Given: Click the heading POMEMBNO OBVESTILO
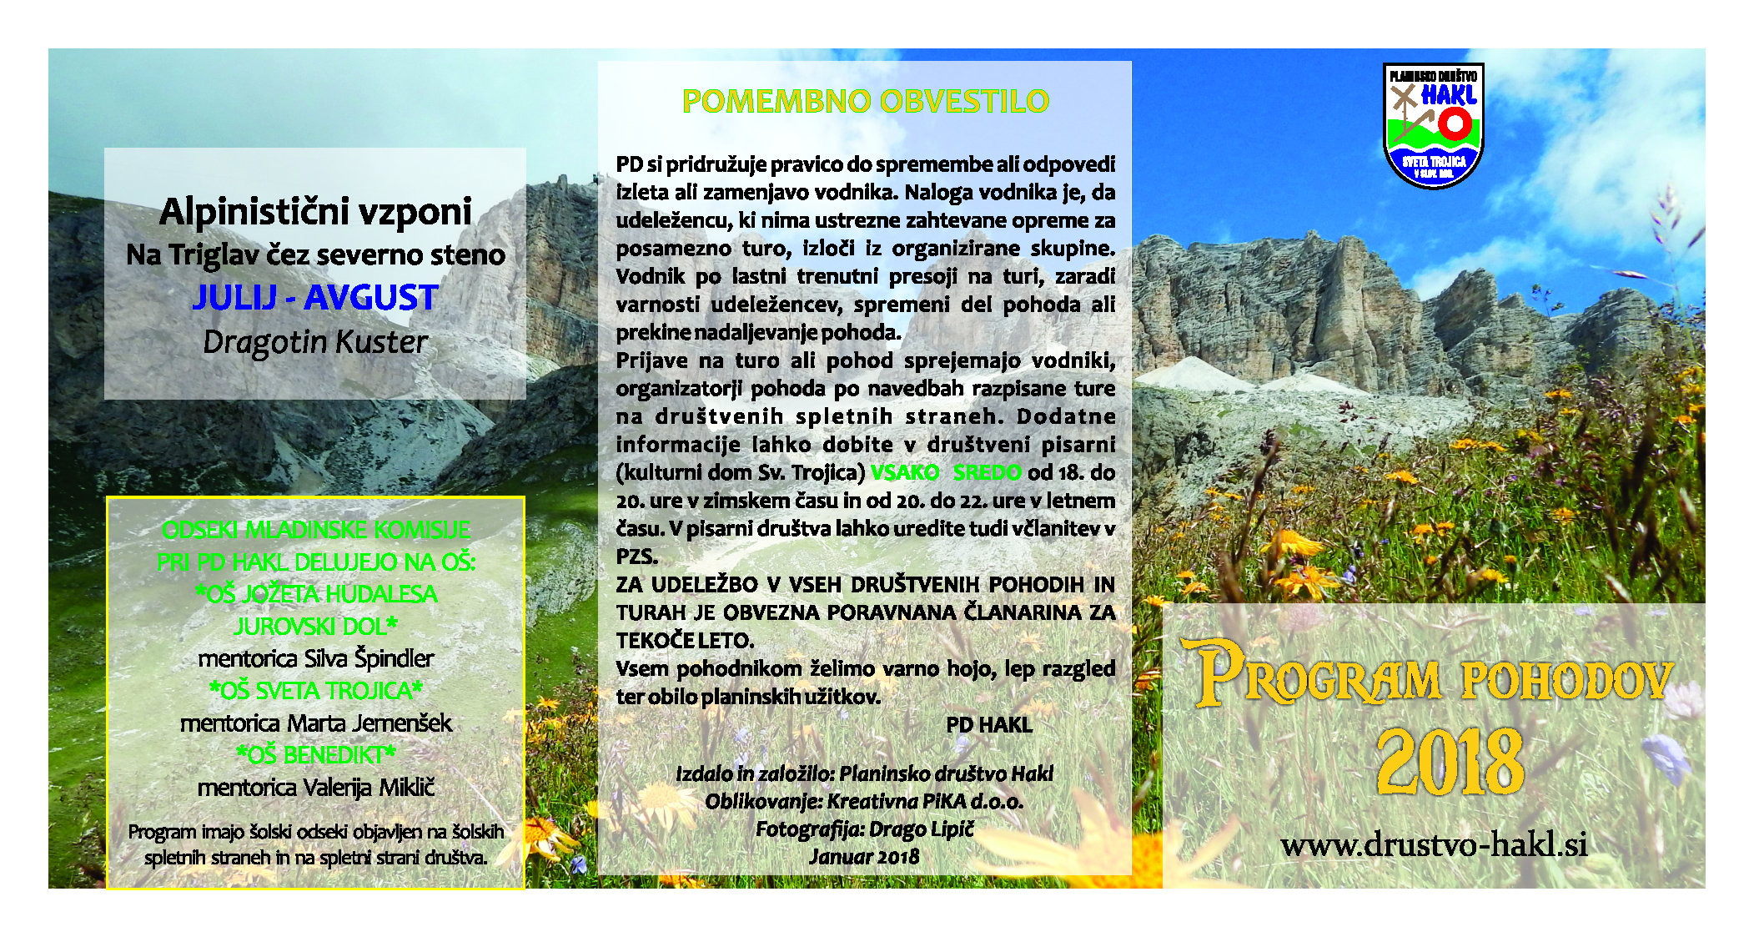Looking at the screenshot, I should coord(865,101).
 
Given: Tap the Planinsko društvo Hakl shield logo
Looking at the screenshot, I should coord(1433,125).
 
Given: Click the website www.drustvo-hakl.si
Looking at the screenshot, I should coord(1434,844).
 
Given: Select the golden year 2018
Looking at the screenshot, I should coord(1450,761).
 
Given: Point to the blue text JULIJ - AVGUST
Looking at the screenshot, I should coord(315,298).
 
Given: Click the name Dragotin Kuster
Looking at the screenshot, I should coord(315,342).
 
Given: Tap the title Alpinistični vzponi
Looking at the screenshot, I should coord(315,212).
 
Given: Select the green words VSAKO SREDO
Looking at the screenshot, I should coord(946,472).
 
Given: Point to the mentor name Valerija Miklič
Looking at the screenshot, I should coord(368,787).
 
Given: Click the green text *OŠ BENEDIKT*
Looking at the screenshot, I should coord(315,754).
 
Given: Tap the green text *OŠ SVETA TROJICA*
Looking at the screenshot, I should coord(315,690).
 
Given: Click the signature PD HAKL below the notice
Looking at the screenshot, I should coord(989,725).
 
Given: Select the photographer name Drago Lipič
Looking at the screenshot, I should coord(921,829).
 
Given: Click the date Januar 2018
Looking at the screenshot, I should coord(864,857).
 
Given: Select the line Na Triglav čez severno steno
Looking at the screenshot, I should coord(315,254).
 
